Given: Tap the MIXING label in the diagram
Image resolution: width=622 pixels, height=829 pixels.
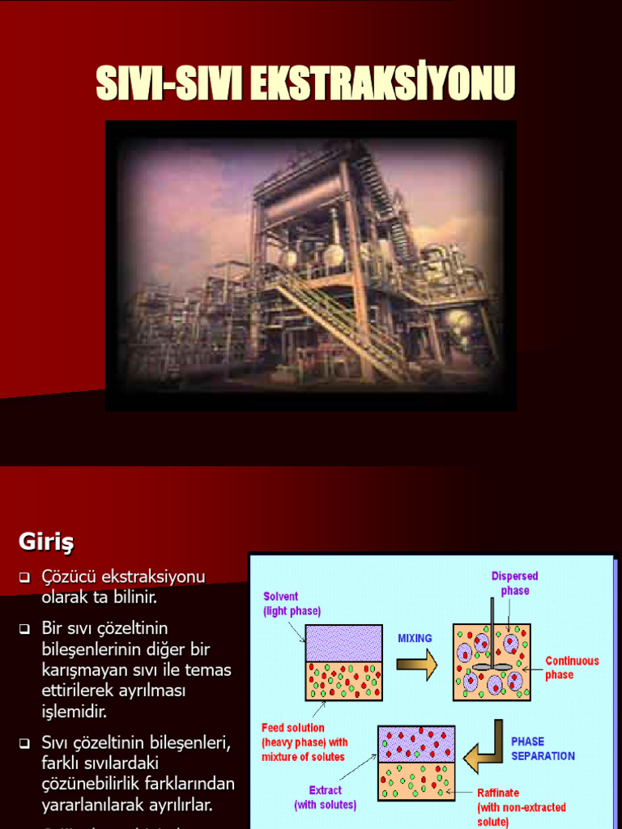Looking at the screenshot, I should click(415, 638).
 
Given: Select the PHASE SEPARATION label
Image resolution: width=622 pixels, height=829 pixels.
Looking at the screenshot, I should click(543, 749).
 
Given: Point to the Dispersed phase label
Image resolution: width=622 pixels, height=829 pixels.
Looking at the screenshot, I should click(514, 584).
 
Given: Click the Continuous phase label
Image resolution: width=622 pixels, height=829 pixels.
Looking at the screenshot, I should click(572, 668).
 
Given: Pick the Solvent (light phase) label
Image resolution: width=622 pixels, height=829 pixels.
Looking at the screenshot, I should click(292, 604).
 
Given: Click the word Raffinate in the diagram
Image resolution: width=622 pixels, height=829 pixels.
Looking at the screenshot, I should click(498, 793).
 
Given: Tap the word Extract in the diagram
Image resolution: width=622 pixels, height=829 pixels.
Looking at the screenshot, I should click(326, 790).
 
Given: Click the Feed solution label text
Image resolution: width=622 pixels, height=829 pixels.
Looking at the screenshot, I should click(293, 728).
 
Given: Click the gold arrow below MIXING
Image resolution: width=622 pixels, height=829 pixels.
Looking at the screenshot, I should click(415, 665).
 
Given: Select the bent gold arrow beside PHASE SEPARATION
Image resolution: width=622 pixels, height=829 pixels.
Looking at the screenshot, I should click(487, 746).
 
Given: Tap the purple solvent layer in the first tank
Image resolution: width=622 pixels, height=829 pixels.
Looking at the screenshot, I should click(343, 643).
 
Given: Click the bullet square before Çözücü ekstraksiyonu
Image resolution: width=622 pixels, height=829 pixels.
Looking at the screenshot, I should click(24, 578).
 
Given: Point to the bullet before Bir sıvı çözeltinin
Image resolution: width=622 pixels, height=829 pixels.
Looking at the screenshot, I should click(24, 629).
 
